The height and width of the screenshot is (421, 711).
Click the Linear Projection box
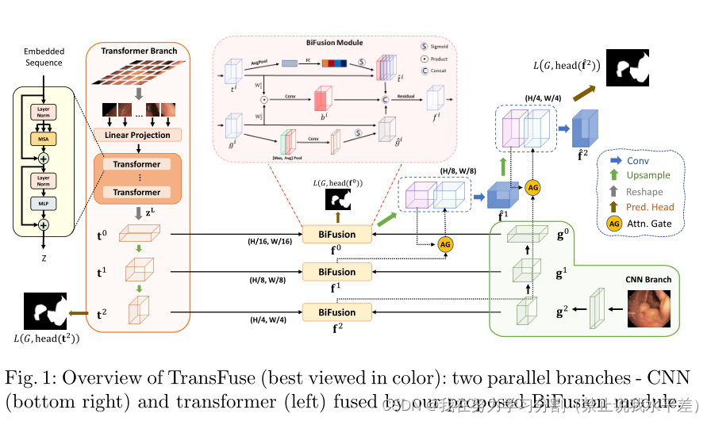point(137,135)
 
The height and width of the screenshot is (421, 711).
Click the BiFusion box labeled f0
point(337,234)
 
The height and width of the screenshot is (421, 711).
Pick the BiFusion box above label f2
point(337,312)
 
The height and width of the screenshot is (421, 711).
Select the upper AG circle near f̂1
point(533,187)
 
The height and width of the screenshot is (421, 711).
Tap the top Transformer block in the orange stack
point(136,165)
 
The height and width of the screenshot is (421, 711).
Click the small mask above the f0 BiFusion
point(338,201)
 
